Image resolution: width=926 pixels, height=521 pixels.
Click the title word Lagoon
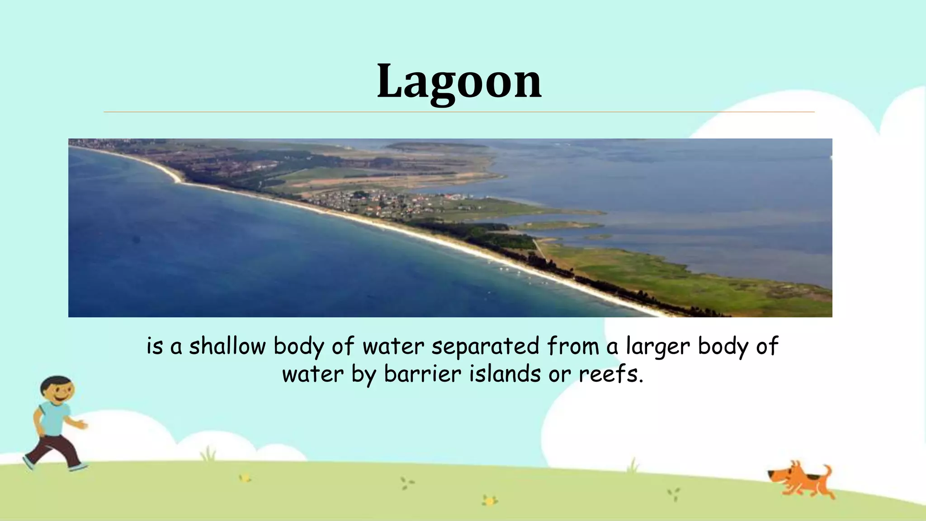click(459, 81)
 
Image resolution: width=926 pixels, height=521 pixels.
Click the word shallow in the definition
click(227, 346)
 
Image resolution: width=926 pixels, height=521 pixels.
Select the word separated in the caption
click(485, 346)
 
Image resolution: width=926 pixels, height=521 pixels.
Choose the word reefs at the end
click(610, 374)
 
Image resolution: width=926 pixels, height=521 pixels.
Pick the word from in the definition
click(573, 346)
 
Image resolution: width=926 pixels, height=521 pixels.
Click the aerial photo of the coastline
click(450, 227)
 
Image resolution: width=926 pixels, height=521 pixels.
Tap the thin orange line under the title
click(459, 112)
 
